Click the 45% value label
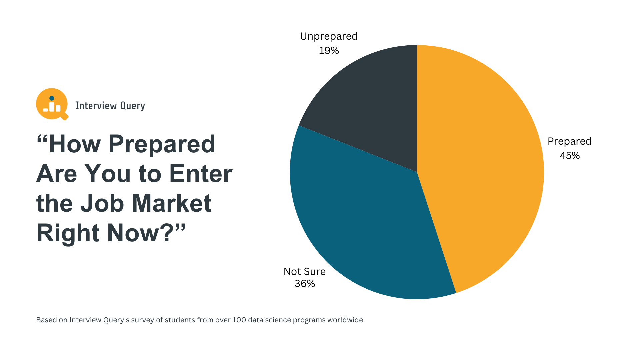(570, 156)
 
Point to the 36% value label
(305, 284)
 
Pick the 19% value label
(329, 51)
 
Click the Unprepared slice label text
(329, 36)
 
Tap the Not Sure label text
(304, 272)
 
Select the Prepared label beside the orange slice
(569, 141)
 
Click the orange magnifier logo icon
(52, 104)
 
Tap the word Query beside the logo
(132, 106)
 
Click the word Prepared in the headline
(162, 144)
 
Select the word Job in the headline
(102, 203)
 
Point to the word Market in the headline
(172, 203)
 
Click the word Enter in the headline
(201, 174)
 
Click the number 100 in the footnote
(239, 320)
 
